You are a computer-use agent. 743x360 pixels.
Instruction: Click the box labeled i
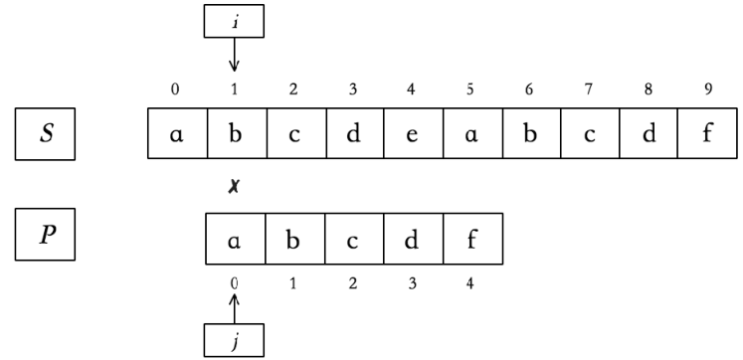(x=235, y=21)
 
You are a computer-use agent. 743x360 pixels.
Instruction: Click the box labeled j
(x=235, y=340)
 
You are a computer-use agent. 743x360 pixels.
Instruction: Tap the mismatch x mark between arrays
(x=234, y=186)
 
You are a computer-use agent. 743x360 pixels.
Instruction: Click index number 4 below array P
(x=469, y=282)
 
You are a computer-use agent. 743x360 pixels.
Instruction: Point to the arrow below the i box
(x=235, y=56)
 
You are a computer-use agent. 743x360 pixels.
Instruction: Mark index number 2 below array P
(x=352, y=282)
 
